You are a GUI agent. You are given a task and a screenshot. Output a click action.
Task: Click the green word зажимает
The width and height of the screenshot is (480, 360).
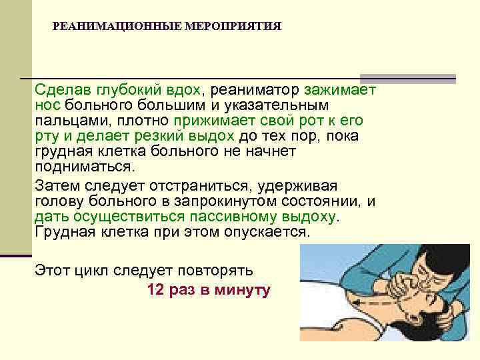(x=340, y=90)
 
